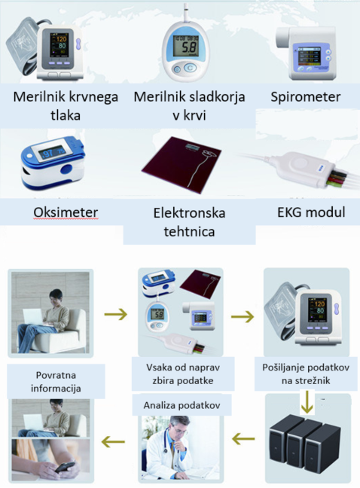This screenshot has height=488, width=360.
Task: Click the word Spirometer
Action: pos(305,97)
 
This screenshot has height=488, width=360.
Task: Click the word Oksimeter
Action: pos(66,212)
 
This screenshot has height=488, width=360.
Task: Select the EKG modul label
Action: pos(311,212)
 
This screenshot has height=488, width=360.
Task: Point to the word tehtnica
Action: pos(189,231)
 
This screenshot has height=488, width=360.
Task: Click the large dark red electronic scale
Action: pos(182,164)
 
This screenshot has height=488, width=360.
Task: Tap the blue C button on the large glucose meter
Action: pos(190,68)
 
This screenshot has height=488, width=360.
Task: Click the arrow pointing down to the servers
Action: pos(307,402)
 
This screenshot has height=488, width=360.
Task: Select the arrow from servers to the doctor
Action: pos(243,439)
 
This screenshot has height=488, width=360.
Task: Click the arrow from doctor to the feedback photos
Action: pos(113,441)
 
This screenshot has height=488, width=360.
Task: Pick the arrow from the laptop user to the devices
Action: pos(116,314)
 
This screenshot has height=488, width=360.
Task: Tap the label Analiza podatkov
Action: pos(182,405)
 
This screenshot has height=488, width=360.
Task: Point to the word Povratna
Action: pos(56,375)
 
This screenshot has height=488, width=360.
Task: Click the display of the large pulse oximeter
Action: pos(51,152)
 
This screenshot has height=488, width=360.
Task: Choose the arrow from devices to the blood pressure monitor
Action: pos(243,316)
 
